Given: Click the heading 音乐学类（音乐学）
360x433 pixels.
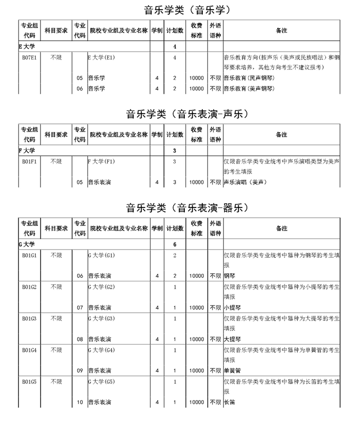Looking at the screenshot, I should [x=180, y=10].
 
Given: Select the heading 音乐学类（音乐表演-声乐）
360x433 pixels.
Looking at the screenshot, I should [x=180, y=113].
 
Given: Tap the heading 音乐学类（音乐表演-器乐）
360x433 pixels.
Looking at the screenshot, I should [x=180, y=208].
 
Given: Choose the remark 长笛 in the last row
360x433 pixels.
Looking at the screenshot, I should [x=229, y=402].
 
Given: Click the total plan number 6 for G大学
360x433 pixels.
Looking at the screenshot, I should [x=175, y=244].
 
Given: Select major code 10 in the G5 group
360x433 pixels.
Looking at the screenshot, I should [x=80, y=402].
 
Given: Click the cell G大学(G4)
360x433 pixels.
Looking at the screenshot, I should [x=102, y=350].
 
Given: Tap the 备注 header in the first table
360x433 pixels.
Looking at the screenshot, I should [x=281, y=31].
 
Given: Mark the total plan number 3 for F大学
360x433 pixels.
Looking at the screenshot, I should [x=175, y=150].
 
